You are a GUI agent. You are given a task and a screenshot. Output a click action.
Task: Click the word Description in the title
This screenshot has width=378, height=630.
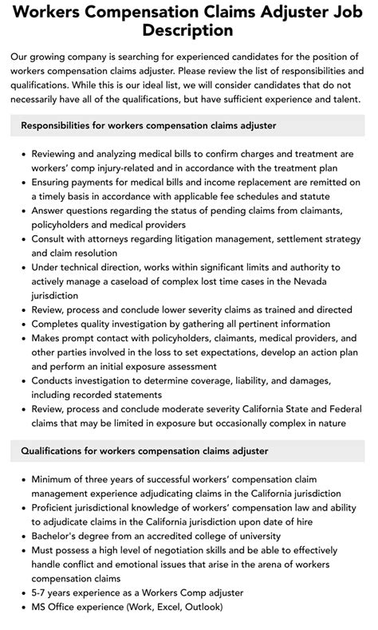click(189, 30)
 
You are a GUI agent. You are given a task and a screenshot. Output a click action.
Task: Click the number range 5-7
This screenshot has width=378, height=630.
click(41, 593)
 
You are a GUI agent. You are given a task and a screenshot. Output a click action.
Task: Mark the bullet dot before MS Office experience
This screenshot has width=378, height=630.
click(22, 607)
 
